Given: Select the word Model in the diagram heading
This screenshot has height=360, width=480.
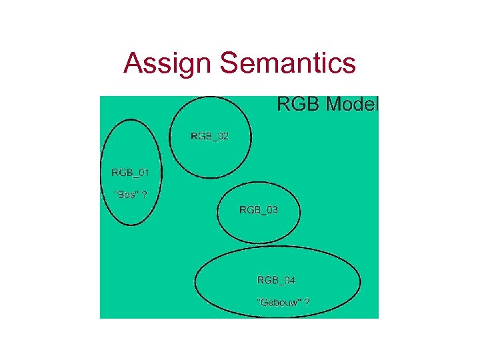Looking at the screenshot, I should coord(351,104).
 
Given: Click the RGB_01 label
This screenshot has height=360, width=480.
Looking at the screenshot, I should coord(130,173).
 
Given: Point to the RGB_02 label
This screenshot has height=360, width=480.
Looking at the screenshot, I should coord(209,136).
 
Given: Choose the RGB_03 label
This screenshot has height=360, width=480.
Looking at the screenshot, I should coord(259,210).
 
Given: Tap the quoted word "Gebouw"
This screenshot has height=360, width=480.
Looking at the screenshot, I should coord(279,302).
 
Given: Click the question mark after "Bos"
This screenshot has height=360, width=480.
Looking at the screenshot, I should coord(145,195).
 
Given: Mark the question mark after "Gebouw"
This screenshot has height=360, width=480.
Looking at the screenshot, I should coord(307,302).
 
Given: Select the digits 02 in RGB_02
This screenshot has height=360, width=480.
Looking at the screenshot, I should coord(223,136).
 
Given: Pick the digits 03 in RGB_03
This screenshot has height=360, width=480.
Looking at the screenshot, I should coord(271,210).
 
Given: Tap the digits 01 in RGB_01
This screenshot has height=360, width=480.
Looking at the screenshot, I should coord(143,173).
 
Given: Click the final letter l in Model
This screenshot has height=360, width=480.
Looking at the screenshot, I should coord(377,104).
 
